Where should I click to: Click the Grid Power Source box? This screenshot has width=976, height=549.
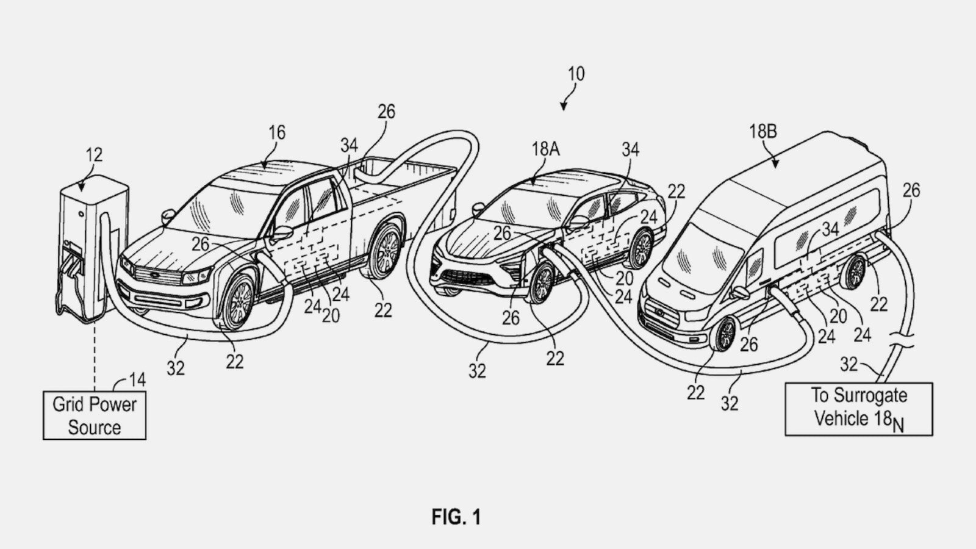tap(95, 415)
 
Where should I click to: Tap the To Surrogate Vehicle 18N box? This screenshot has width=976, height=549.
tap(859, 409)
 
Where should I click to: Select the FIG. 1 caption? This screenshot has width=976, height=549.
tap(456, 517)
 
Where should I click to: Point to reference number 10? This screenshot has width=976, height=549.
tap(576, 74)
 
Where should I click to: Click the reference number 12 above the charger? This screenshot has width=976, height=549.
tap(94, 154)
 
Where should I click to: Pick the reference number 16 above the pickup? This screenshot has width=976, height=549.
tap(277, 132)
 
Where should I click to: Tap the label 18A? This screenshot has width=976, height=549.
tap(545, 149)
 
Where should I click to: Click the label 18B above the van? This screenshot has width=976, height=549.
tap(763, 131)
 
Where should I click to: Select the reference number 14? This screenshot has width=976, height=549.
tap(137, 380)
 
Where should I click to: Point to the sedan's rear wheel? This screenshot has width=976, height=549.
tap(640, 249)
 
